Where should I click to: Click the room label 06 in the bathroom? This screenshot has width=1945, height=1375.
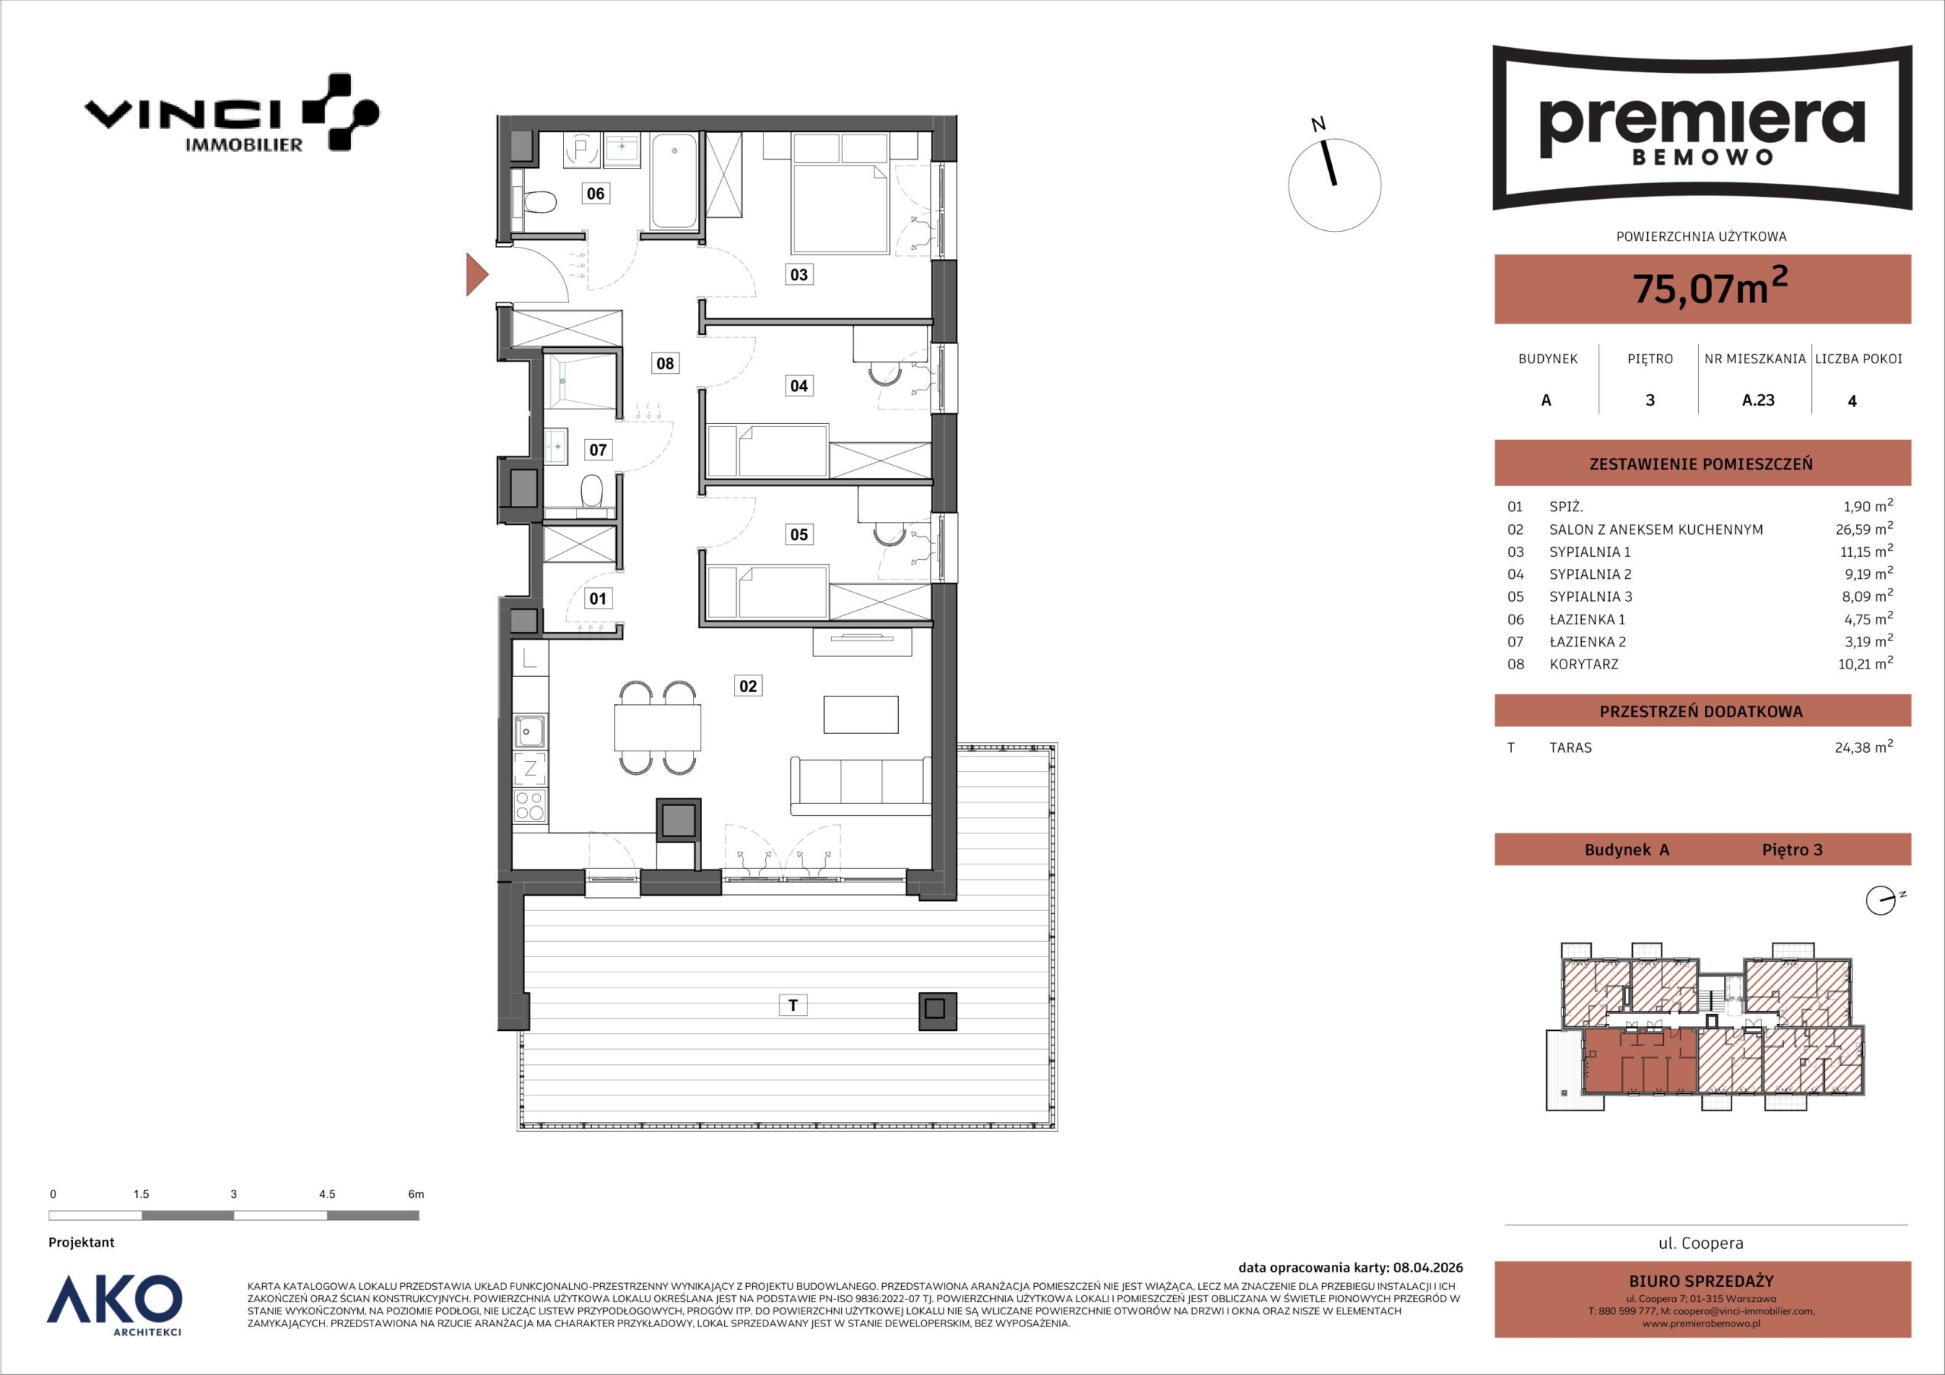pyautogui.click(x=596, y=193)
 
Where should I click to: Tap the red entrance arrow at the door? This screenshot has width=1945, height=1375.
pyautogui.click(x=477, y=273)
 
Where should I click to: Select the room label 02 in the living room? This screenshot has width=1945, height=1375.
pyautogui.click(x=748, y=685)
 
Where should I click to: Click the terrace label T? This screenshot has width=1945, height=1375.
pyautogui.click(x=793, y=1005)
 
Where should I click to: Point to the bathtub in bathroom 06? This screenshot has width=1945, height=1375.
pyautogui.click(x=675, y=181)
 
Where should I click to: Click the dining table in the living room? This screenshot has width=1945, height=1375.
pyautogui.click(x=658, y=728)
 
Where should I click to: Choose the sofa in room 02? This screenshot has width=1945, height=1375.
pyautogui.click(x=861, y=786)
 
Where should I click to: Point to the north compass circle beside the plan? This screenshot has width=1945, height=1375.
pyautogui.click(x=1334, y=185)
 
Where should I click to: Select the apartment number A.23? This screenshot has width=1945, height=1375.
pyautogui.click(x=1758, y=400)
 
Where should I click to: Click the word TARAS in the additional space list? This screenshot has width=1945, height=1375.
pyautogui.click(x=1570, y=748)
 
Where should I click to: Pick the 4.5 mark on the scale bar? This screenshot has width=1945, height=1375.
pyautogui.click(x=327, y=1193)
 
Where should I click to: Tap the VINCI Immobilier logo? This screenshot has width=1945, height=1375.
pyautogui.click(x=231, y=112)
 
